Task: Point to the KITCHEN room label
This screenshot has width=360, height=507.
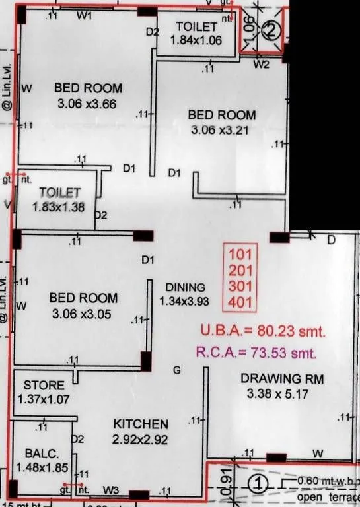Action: [x=141, y=424]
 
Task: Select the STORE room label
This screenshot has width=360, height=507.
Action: [x=44, y=385]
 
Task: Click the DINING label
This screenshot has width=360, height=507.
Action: [x=186, y=287]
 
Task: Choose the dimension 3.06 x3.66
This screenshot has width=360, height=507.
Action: [x=89, y=103]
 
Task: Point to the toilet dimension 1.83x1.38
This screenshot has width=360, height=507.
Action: [x=59, y=206]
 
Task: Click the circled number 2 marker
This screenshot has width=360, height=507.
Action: [x=270, y=30]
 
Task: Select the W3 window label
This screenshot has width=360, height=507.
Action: [x=111, y=490]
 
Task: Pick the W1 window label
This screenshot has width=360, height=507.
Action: [x=83, y=16]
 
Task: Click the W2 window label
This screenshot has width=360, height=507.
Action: [x=263, y=65]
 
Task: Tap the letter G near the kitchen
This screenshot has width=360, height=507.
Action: [x=176, y=370]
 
